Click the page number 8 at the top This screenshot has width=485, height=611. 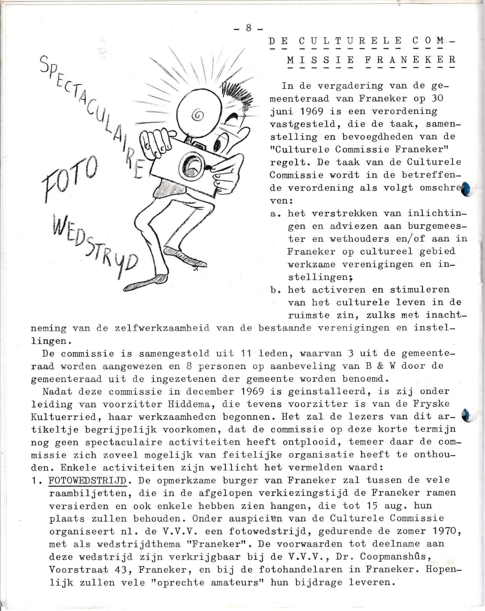pyautogui.click(x=249, y=28)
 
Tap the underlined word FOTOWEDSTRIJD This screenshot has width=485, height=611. pyautogui.click(x=88, y=480)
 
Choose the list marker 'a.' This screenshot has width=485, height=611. pyautogui.click(x=274, y=214)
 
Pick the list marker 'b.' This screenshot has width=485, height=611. pyautogui.click(x=274, y=290)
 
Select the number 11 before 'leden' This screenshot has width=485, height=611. pyautogui.click(x=247, y=353)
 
